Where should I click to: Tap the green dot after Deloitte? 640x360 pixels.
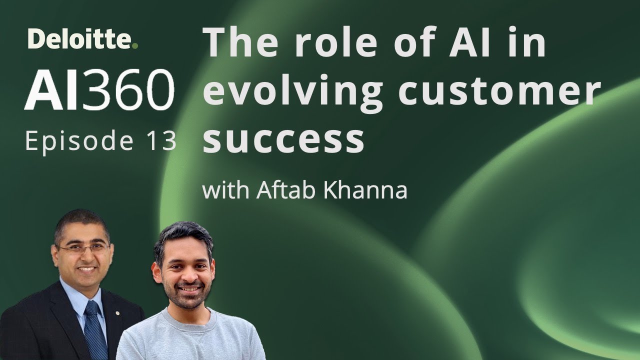[135, 46]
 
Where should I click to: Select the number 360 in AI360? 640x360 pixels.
[129, 91]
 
